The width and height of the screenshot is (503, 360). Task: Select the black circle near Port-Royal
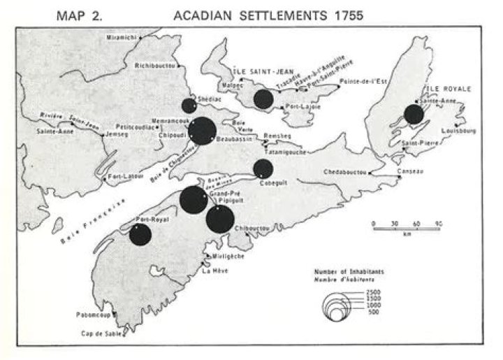140,234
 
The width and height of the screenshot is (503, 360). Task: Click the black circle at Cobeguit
263,168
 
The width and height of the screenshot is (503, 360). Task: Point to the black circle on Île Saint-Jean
263,99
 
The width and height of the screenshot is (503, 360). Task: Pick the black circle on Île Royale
414,115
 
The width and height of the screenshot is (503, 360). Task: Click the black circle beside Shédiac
189,106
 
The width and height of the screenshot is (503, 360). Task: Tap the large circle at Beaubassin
203,131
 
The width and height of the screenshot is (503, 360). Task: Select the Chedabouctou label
347,172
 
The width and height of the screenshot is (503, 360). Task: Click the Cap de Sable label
103,333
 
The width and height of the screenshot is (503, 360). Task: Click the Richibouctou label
154,66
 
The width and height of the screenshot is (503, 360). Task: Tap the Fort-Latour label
123,178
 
